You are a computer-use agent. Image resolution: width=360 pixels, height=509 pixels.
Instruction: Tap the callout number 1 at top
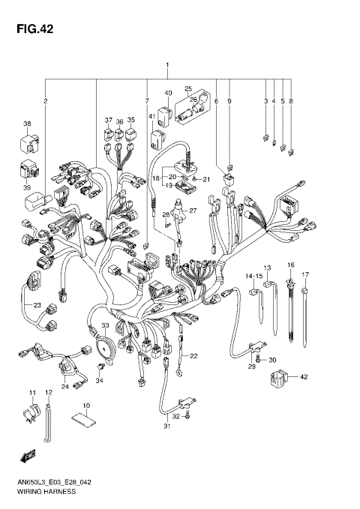[x=167, y=65]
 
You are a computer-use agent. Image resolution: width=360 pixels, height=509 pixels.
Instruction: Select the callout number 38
[x=26, y=124]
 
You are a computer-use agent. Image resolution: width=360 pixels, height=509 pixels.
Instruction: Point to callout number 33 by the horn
[x=106, y=325]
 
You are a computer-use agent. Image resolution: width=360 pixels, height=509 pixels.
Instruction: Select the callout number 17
[x=305, y=275]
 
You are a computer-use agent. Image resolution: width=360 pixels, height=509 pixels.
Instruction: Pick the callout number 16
[x=290, y=265]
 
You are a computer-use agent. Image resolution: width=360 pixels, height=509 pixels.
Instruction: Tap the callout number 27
[x=192, y=211]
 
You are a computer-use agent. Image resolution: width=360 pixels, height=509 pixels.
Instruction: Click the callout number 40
[x=169, y=93]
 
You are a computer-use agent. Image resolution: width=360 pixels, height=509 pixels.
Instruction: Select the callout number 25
[x=188, y=88]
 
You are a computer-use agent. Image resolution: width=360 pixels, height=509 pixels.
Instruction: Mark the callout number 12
[x=48, y=393]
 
